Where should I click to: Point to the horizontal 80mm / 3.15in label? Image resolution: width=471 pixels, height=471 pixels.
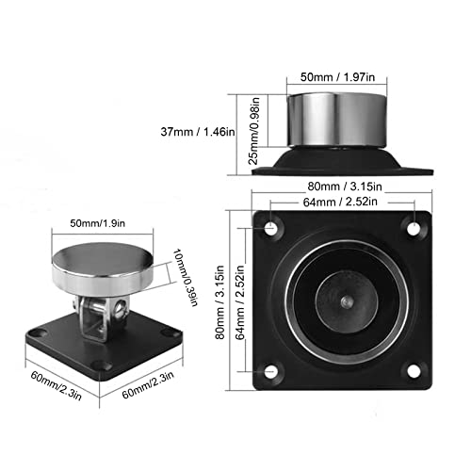tap(342, 185)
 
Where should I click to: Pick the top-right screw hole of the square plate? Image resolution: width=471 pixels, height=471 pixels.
tap(412, 228)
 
